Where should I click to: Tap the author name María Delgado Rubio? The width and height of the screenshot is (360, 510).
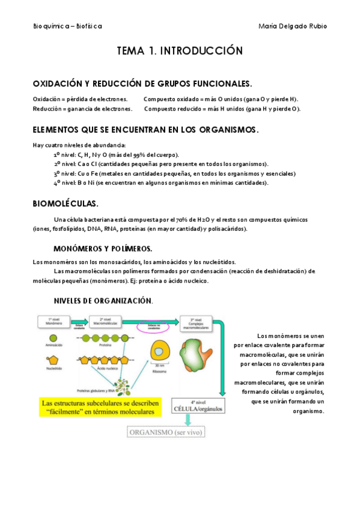tap(293, 26)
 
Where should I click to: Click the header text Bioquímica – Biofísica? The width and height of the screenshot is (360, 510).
tap(67, 26)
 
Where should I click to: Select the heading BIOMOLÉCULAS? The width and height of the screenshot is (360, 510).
tap(65, 203)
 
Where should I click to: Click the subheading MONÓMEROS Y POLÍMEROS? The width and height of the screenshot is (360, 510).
tap(103, 248)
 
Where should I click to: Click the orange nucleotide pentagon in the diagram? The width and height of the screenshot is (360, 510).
tap(50, 360)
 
